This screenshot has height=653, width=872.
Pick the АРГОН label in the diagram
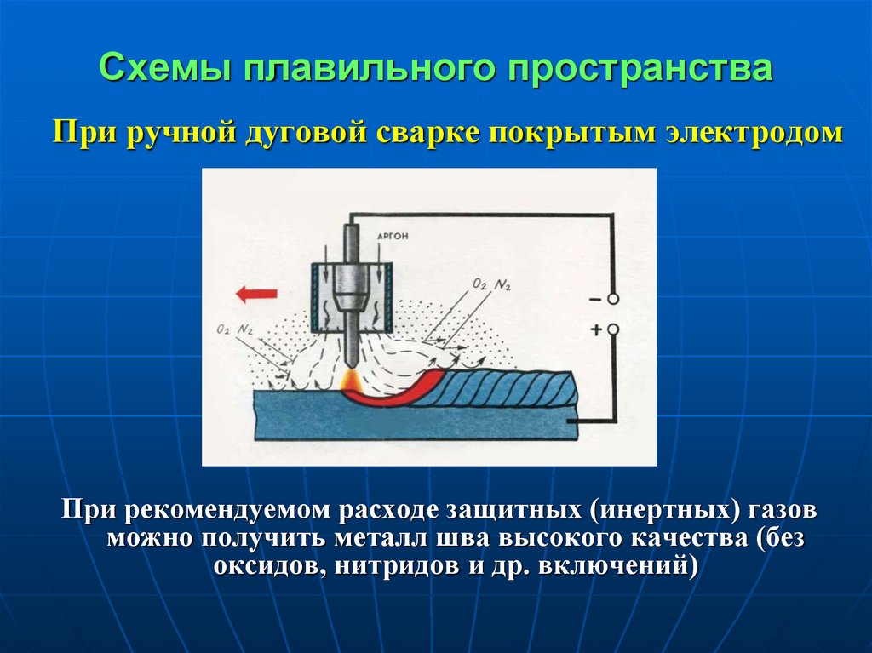pyautogui.click(x=392, y=236)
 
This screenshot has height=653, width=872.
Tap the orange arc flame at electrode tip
pyautogui.click(x=352, y=381)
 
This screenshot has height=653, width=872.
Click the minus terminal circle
pyautogui.click(x=612, y=299)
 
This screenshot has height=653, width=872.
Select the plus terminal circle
pyautogui.click(x=612, y=329)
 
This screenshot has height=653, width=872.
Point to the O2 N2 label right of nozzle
pyautogui.click(x=491, y=284)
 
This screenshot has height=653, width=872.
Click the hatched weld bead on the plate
pyautogui.click(x=495, y=389)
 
